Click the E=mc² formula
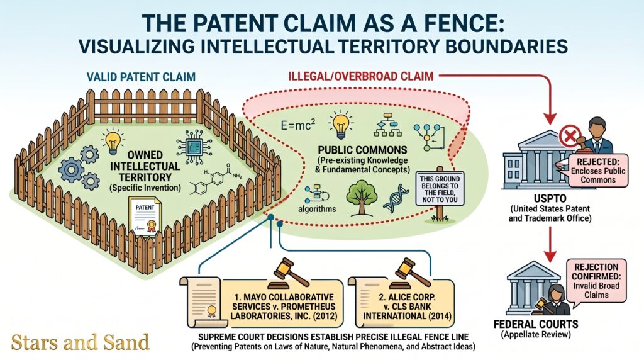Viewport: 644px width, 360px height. point(297,124)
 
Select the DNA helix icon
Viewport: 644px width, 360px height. point(396,198)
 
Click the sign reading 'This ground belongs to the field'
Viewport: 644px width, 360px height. point(440,189)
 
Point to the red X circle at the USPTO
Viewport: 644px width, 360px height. point(570,136)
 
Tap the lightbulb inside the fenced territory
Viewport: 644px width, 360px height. point(113,141)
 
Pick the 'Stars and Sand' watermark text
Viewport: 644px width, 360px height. point(80,342)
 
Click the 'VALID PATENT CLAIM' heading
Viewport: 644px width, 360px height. point(141,77)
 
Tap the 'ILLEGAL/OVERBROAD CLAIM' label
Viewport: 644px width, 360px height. point(360,76)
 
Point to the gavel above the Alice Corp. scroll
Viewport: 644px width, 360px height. point(411,273)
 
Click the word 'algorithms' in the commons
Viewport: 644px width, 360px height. point(317,209)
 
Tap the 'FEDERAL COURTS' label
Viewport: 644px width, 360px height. point(536,324)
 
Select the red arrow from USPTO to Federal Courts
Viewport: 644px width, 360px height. point(550,244)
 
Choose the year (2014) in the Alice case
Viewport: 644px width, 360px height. point(440,316)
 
